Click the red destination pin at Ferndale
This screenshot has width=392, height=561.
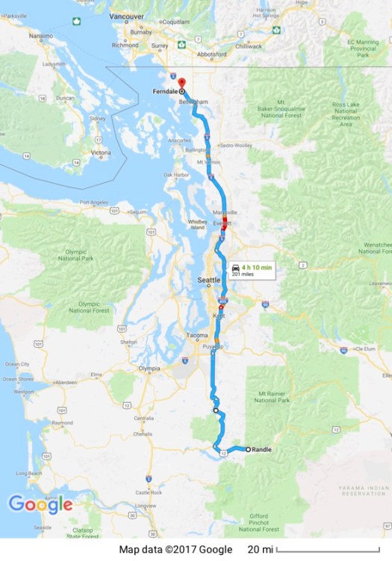coord(181,81)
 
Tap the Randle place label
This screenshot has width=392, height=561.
coord(262,450)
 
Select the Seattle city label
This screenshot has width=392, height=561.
coord(208,280)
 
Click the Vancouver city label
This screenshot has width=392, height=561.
coord(125,16)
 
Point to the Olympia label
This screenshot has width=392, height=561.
coord(149,369)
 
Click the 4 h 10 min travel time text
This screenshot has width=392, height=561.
coord(254,266)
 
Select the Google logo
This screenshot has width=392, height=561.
coord(41,504)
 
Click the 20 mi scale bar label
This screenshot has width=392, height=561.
coord(260,550)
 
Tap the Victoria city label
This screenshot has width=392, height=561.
coord(101,153)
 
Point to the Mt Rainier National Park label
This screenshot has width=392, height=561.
coord(273,396)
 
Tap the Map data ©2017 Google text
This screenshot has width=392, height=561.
coord(175,550)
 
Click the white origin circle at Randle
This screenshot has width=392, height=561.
coord(247,450)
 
